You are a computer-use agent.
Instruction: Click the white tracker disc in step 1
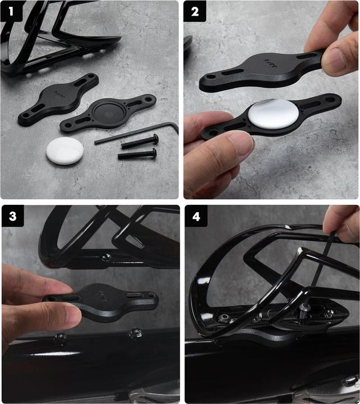click(64, 151)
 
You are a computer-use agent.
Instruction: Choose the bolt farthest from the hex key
click(137, 153)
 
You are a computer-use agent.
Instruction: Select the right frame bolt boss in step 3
click(134, 334)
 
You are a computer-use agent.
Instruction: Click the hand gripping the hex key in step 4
click(342, 222)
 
